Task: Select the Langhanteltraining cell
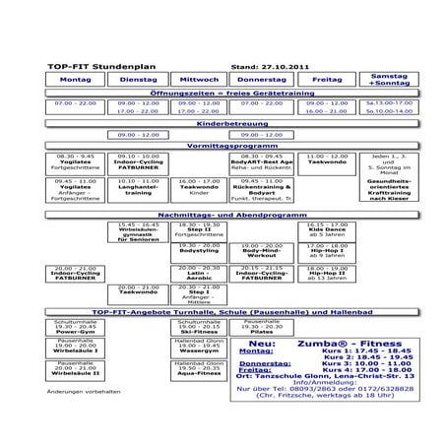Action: click(137, 189)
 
